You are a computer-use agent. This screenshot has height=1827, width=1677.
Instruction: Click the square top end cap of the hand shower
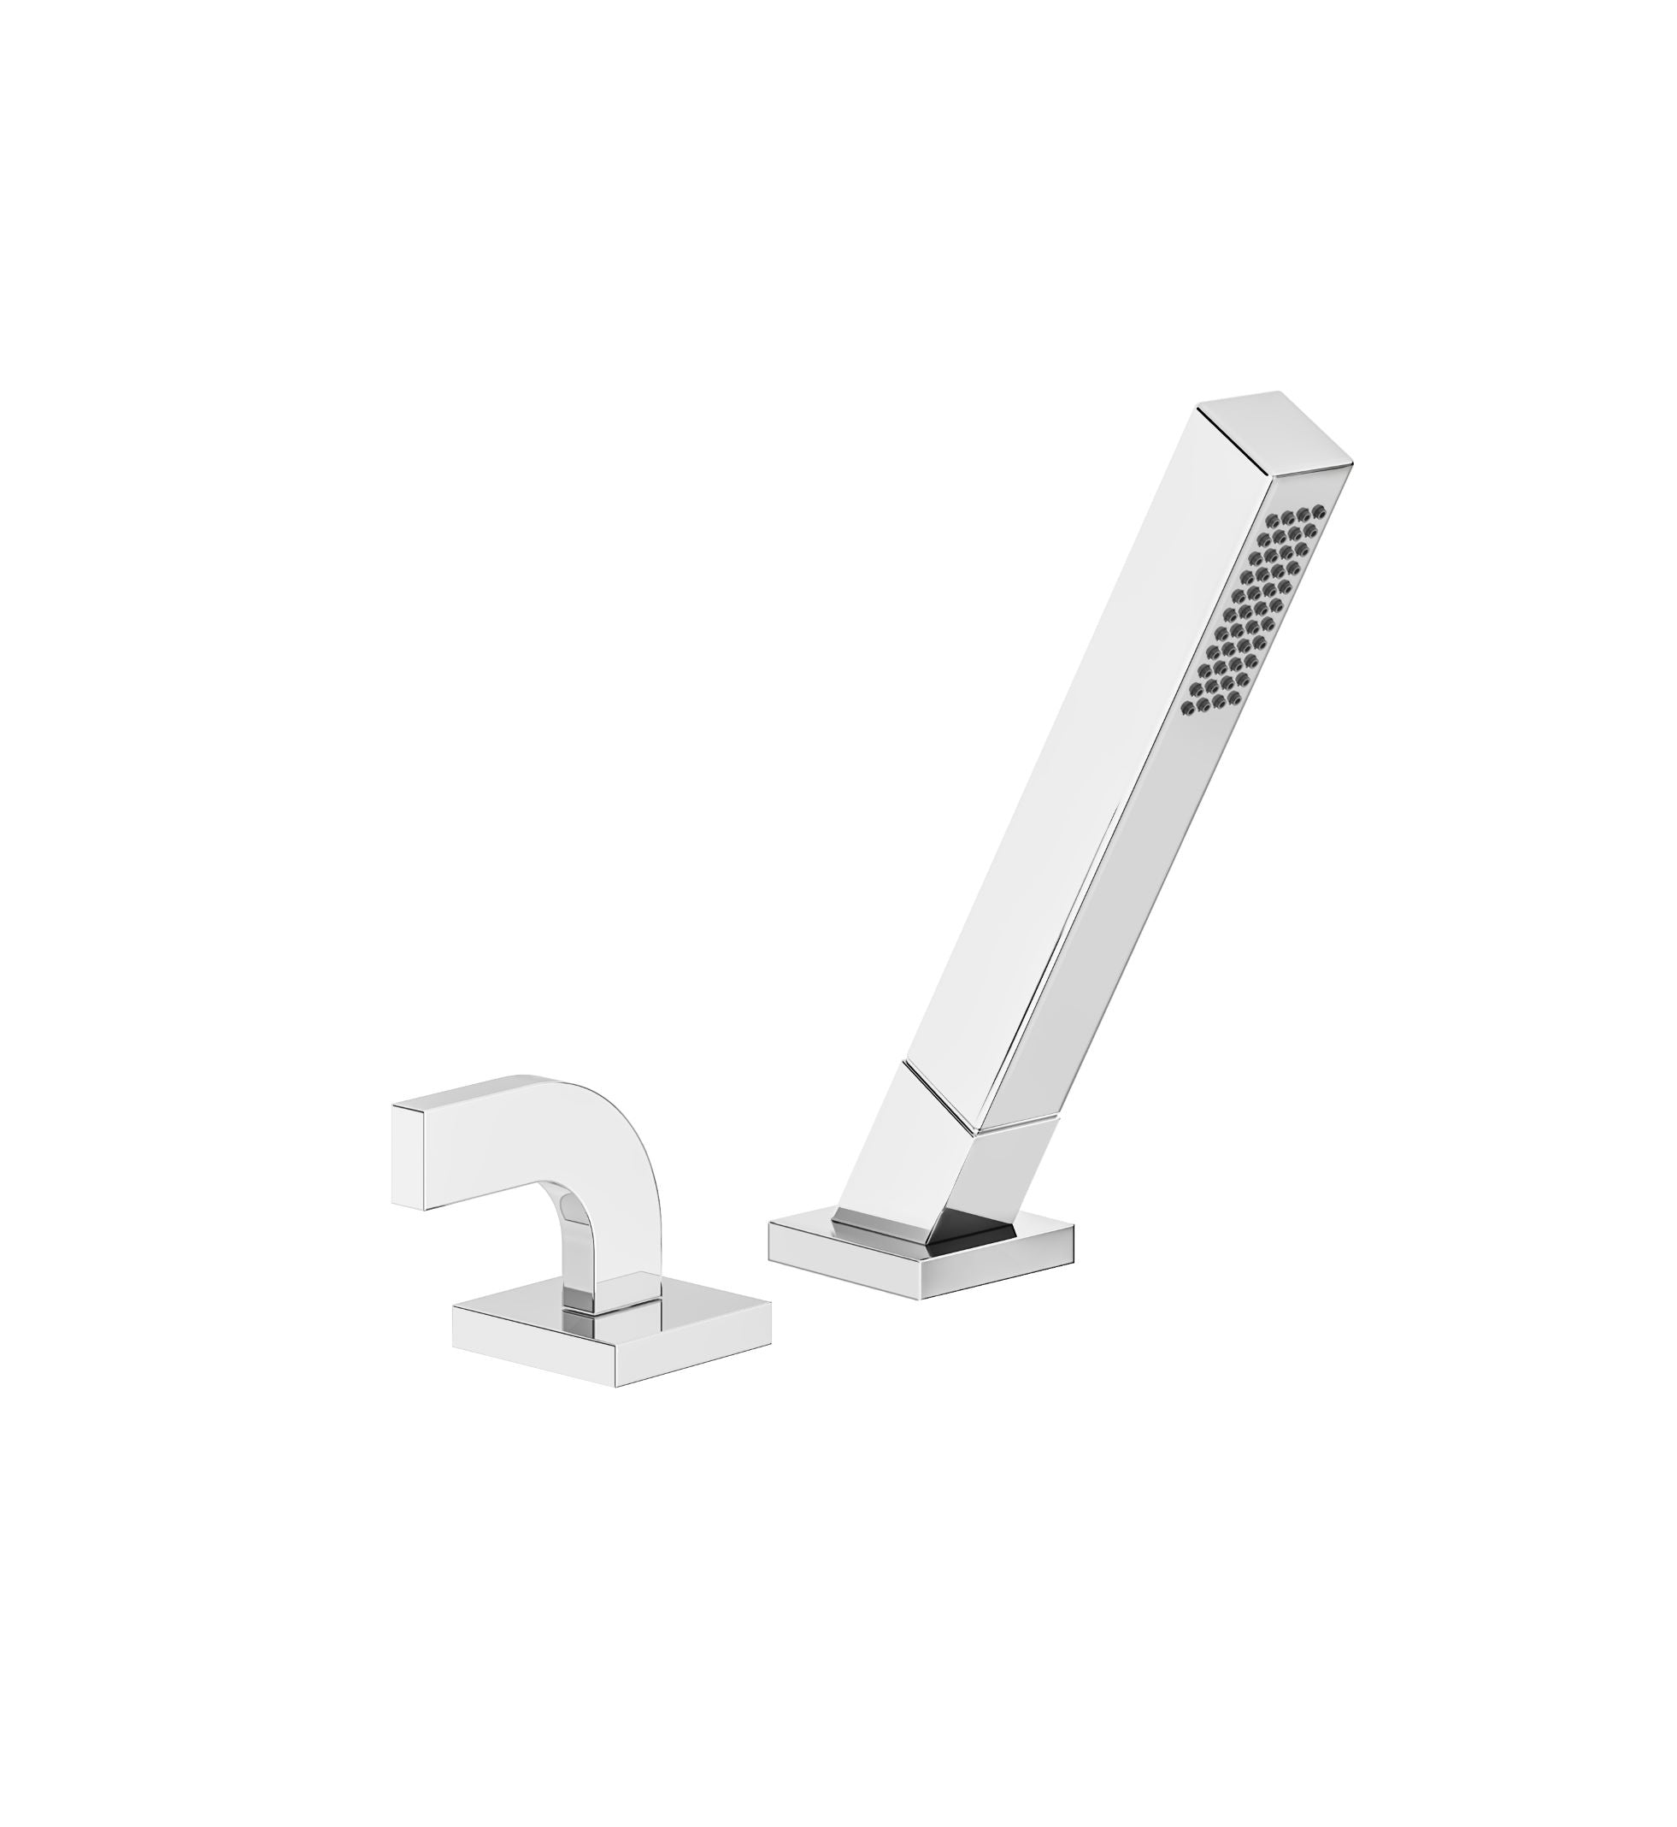[1276, 430]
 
